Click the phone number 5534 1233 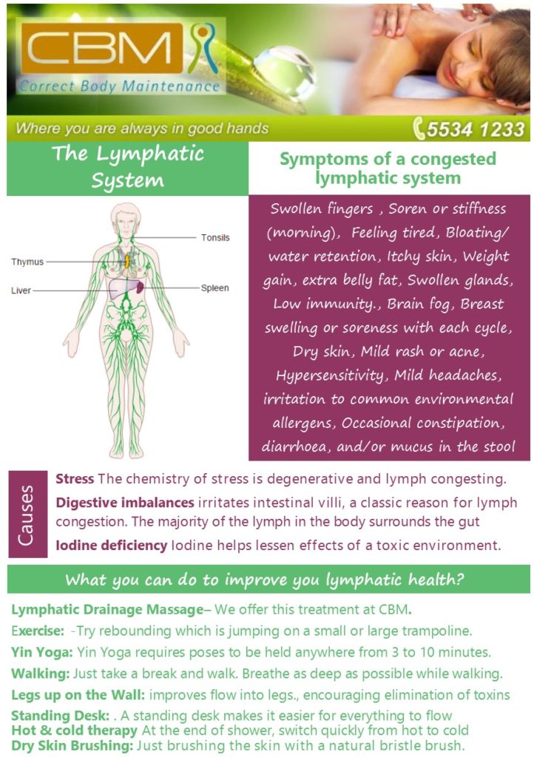tap(475, 129)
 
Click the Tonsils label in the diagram tap(215, 237)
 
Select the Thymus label tap(27, 262)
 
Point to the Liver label tap(21, 291)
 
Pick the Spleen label tap(214, 288)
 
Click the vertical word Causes tap(26, 515)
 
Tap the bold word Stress tap(75, 479)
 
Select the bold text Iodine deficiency tap(112, 546)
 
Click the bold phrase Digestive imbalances tap(125, 503)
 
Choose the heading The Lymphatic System tap(128, 167)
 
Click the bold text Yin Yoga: tap(42, 653)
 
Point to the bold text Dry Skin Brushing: tap(72, 746)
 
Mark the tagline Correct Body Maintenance tap(120, 86)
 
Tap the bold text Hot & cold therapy tap(75, 730)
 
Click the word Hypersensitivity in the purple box tap(330, 376)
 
